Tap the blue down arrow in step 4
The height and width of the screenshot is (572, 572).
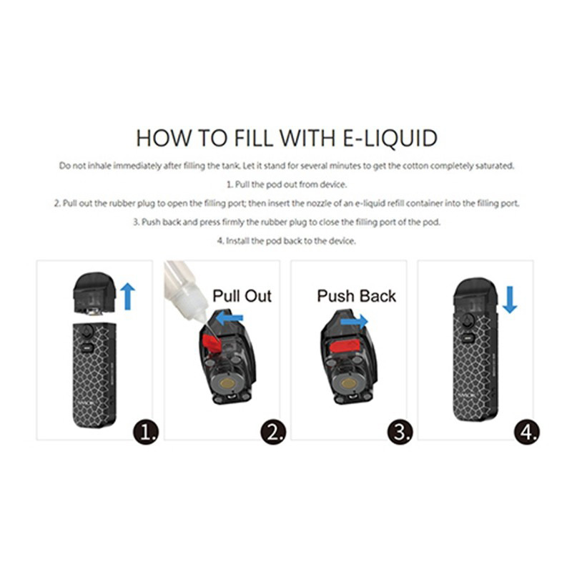(509, 299)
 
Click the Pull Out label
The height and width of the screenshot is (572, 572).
(242, 295)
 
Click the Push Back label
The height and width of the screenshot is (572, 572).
(356, 295)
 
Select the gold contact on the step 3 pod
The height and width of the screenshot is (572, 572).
(349, 383)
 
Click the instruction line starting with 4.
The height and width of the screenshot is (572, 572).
(285, 241)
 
